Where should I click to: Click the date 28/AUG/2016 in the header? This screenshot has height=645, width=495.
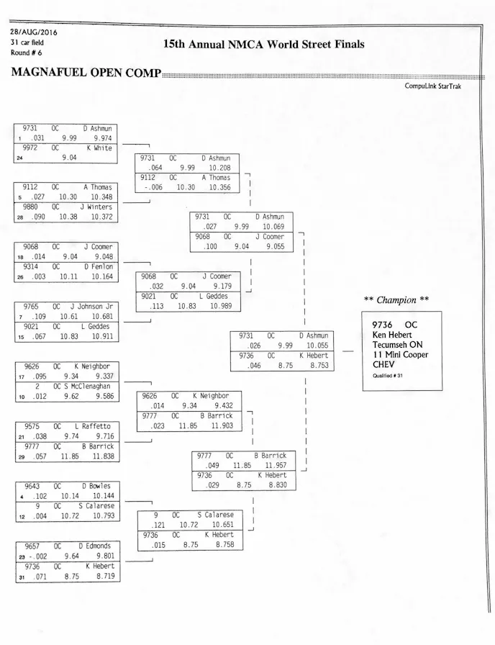tap(34, 32)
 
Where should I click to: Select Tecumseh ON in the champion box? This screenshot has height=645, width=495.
tap(398, 345)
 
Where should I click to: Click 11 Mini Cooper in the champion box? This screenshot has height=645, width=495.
tap(400, 355)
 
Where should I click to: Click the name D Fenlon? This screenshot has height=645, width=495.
tap(98, 267)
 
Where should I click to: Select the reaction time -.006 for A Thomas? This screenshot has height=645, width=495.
tap(152, 187)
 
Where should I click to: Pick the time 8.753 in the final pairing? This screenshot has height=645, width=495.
tap(314, 366)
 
